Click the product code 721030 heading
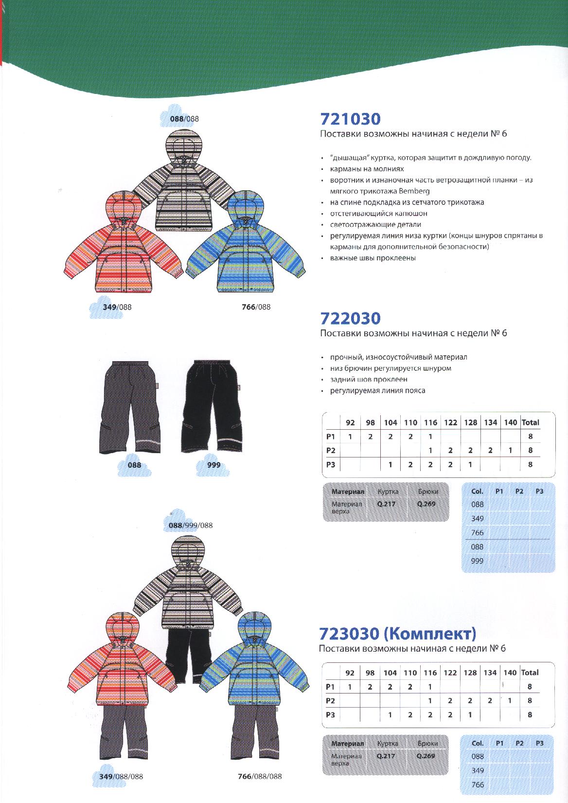pos(350,119)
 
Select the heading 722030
pos(350,318)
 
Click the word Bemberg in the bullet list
pos(415,191)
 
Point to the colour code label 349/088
pos(117,307)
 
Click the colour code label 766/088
pos(256,307)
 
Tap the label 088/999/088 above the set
pos(190,525)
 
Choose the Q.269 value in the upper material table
pos(426,504)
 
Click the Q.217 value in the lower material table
pos(386,756)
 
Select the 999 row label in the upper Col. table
pos(477,561)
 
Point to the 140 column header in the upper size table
pos(510,422)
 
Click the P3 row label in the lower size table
pos(331,715)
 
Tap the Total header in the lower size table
pos(530,673)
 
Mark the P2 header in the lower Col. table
pos(519,743)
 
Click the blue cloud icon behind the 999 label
pos(212,466)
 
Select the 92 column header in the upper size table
pos(350,422)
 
